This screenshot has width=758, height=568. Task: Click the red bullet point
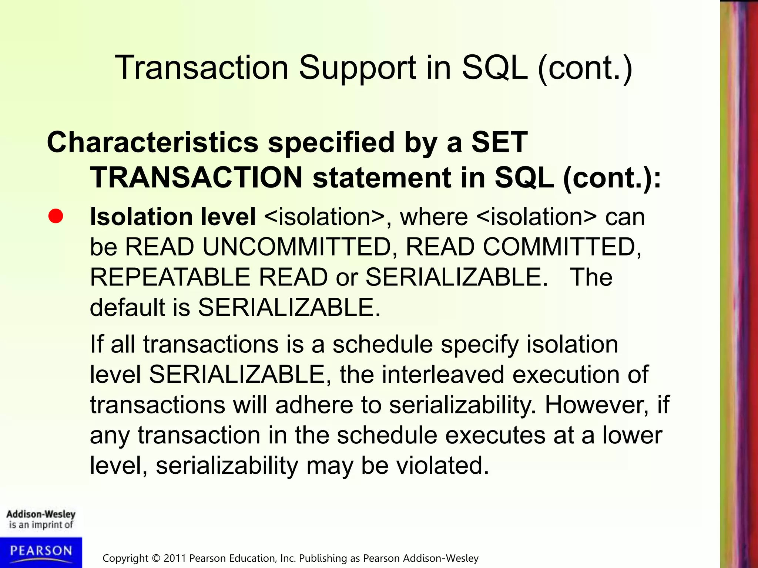pos(56,216)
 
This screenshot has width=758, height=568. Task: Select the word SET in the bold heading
pos(499,142)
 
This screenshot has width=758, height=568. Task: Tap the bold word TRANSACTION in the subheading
pos(197,177)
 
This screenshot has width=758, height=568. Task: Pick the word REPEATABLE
pos(170,277)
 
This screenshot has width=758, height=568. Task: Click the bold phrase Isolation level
pos(173,216)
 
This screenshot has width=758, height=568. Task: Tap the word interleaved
pos(443,375)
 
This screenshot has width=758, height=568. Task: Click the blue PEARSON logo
pos(41,552)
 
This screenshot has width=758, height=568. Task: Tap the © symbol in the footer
pos(157,558)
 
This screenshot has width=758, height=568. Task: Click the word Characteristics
pos(152,142)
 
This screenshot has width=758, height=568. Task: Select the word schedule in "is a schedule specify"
pos(382,344)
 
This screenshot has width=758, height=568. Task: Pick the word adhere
pos(314,405)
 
